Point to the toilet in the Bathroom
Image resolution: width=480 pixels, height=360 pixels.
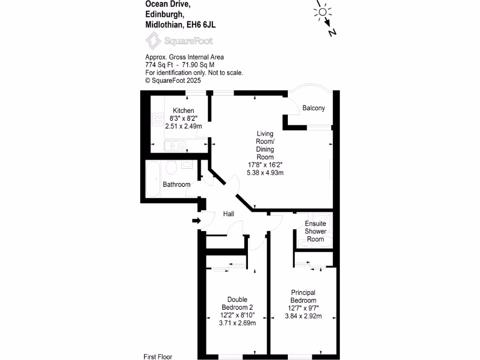point(171,167)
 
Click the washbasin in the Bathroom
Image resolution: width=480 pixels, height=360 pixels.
point(187,164)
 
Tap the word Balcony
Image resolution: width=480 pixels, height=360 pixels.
point(313,108)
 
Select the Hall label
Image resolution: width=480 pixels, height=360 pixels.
point(229,214)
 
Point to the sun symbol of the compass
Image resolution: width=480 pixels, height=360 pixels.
point(322,11)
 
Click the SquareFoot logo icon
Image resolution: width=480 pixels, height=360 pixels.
point(153,41)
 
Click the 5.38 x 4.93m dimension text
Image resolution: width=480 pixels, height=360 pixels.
point(265,172)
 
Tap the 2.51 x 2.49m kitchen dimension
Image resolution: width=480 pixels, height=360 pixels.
point(183,126)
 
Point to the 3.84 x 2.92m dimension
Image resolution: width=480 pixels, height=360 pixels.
point(303,316)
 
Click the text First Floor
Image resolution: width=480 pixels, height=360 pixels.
point(158,357)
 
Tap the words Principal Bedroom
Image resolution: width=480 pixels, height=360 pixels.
point(303,297)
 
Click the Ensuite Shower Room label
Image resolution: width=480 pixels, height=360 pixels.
point(315,232)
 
